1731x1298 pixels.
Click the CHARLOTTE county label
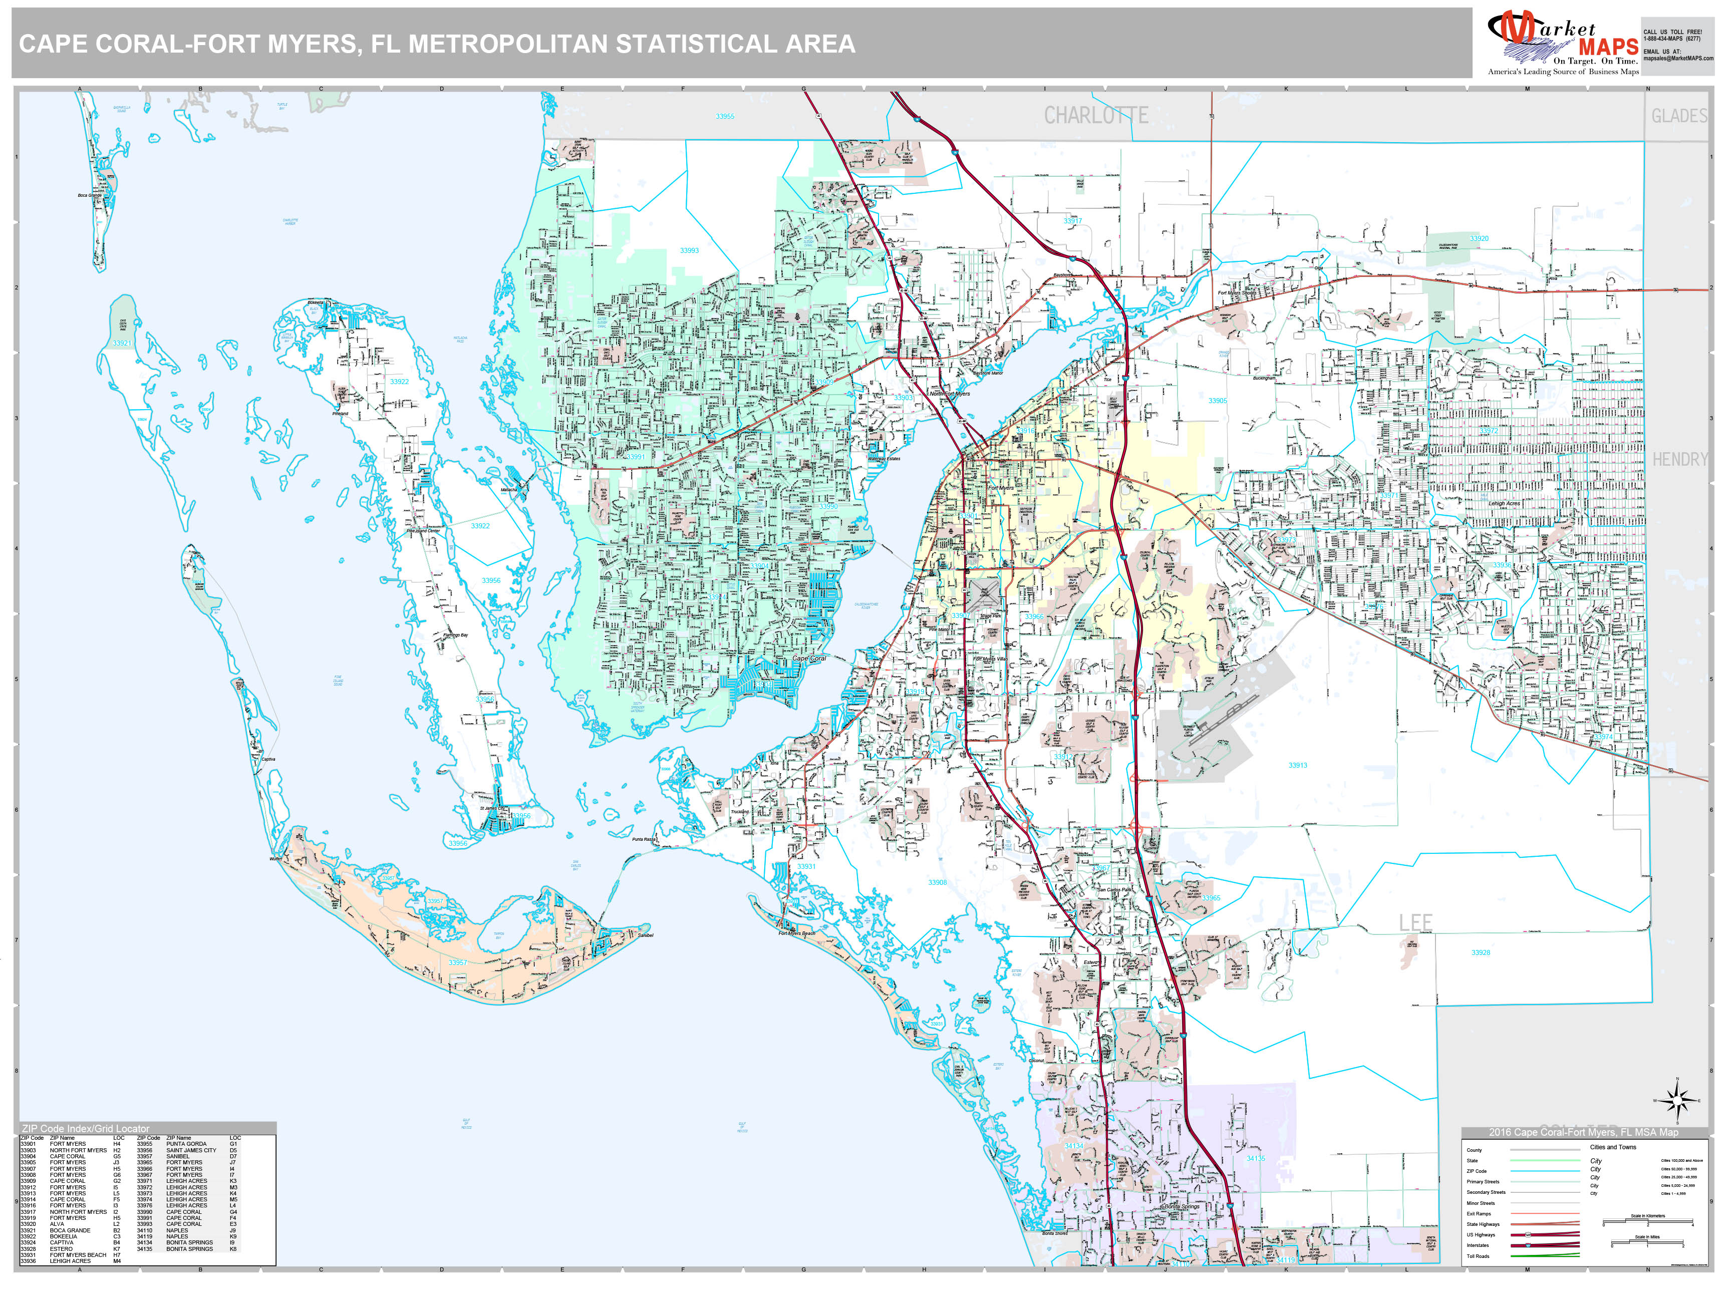coord(1095,116)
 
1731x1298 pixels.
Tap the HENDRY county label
coord(1679,459)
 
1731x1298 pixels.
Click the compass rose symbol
coord(1676,1102)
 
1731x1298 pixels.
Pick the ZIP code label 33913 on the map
coord(1297,765)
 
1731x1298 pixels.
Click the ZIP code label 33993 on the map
coord(689,250)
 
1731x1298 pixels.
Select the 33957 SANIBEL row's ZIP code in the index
coord(145,1156)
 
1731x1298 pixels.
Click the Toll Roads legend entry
coord(1478,1256)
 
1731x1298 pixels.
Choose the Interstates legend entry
coord(1478,1245)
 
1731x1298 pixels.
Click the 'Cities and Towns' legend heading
coord(1613,1147)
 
